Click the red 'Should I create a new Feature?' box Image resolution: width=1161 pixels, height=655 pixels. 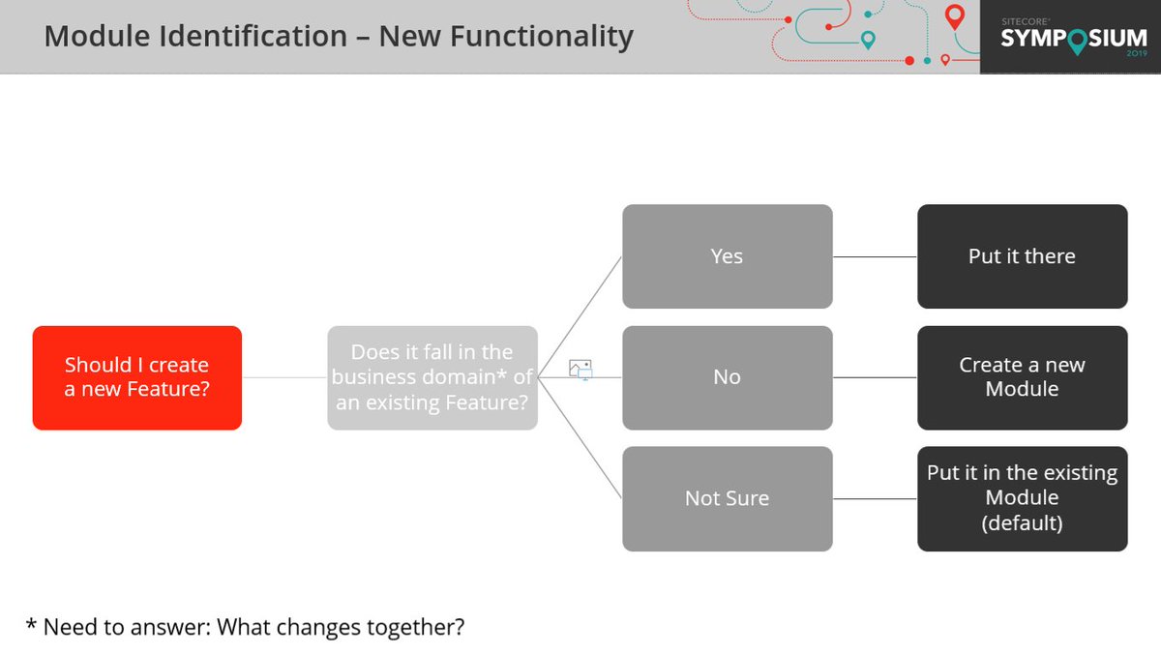point(136,377)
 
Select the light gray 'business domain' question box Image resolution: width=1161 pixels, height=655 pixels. point(432,377)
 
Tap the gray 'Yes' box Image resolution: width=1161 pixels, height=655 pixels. point(727,256)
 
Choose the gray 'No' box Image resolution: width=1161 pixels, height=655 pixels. point(727,377)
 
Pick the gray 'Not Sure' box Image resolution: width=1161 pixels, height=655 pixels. point(727,498)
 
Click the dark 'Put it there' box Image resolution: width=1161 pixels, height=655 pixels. point(1022,256)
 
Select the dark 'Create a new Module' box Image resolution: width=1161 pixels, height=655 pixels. point(1022,377)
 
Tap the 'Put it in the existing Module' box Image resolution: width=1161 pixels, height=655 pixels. point(1022,498)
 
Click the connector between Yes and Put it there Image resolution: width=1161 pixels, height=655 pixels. point(875,257)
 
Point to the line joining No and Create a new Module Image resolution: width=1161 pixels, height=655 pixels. point(875,378)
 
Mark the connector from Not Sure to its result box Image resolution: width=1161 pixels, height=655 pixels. point(875,499)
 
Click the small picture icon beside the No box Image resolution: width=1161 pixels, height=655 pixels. point(580,369)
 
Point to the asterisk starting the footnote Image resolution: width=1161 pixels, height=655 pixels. point(31,624)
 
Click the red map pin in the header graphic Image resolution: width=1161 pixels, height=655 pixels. point(955,16)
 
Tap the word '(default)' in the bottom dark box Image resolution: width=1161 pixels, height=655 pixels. point(1022,523)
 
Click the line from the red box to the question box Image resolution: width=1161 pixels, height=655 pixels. point(284,378)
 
